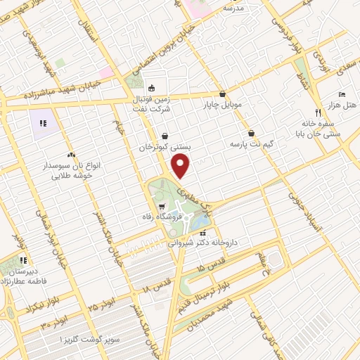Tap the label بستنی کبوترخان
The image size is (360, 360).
(x=166, y=148)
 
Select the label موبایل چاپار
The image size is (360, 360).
(x=223, y=105)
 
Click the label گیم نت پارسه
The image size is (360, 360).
(x=251, y=144)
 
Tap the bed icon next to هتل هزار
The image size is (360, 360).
(x=341, y=94)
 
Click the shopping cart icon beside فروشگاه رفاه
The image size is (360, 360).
(x=162, y=207)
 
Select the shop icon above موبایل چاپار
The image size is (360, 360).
(x=223, y=94)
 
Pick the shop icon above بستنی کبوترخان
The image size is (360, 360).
(x=165, y=136)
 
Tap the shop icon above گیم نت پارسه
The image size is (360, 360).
(x=251, y=133)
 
